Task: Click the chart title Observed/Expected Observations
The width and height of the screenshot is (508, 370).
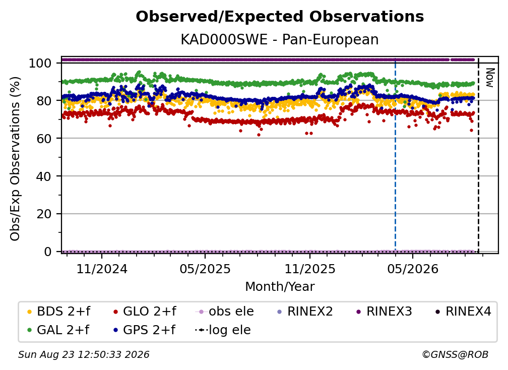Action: tap(280, 17)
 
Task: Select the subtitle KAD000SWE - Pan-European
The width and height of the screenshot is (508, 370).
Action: tap(280, 39)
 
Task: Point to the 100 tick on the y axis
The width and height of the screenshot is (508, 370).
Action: tap(40, 63)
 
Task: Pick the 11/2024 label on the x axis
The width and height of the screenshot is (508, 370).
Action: tap(102, 269)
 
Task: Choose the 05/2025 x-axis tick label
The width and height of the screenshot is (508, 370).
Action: tap(205, 269)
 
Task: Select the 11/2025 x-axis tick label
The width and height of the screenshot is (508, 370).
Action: tap(310, 269)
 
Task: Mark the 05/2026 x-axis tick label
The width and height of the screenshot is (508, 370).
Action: tap(413, 269)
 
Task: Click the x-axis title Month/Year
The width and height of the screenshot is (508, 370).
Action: tap(280, 286)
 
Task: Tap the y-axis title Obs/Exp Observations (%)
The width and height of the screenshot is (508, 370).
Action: tap(15, 159)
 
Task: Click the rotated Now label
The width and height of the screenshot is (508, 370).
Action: tap(489, 78)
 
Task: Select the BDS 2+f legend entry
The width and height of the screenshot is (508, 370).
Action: tap(58, 312)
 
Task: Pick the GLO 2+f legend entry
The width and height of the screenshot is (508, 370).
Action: tap(145, 312)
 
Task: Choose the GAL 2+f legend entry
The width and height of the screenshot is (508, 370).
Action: tap(58, 330)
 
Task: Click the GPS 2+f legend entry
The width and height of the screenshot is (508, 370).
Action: tap(144, 330)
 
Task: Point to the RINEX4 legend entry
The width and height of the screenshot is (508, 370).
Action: tap(463, 312)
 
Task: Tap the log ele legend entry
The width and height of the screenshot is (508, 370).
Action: tap(223, 330)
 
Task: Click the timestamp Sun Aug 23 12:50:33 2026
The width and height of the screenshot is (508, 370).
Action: tap(84, 354)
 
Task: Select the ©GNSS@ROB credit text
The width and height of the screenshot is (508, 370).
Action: tap(455, 354)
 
